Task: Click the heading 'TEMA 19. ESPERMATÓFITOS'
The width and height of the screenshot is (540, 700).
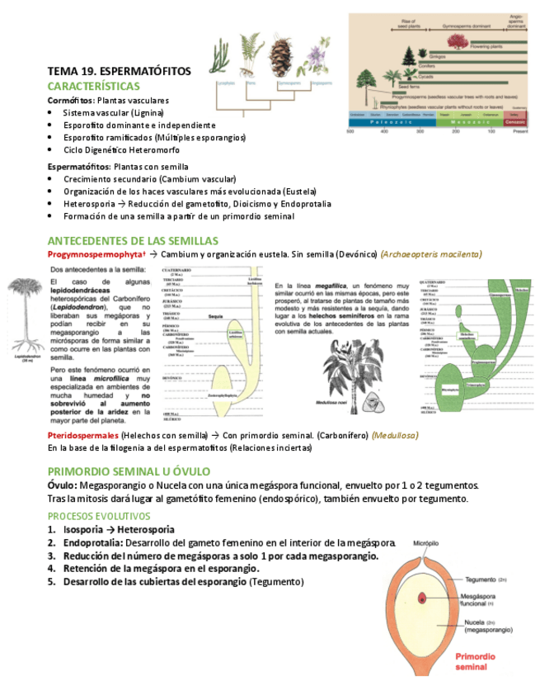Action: click(119, 72)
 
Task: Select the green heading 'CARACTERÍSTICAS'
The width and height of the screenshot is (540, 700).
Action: click(93, 86)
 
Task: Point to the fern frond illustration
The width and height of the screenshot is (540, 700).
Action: click(249, 54)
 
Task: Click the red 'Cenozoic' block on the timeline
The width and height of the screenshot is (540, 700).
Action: click(514, 121)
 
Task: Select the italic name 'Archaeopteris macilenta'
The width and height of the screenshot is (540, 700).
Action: click(432, 254)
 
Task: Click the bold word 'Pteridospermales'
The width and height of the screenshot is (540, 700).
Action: click(82, 435)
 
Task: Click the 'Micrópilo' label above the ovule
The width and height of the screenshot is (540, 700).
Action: click(426, 545)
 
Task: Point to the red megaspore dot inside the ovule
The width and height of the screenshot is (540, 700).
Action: click(421, 596)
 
